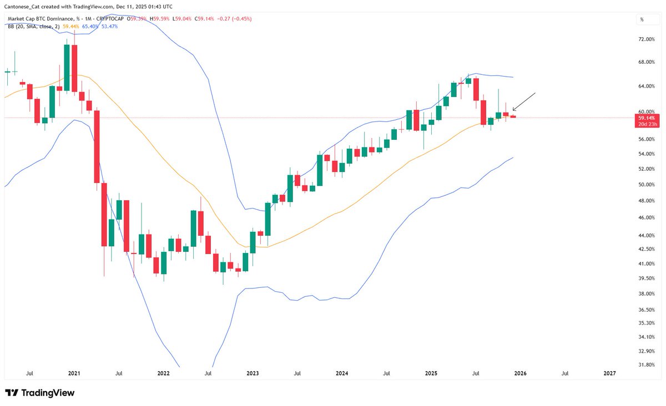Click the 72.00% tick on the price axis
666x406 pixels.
(x=647, y=39)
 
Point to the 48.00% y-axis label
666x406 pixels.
(x=647, y=201)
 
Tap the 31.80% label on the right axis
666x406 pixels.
(x=647, y=364)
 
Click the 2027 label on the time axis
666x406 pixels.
(x=609, y=374)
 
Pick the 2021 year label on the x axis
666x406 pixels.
(x=74, y=374)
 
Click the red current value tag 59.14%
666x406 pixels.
(x=647, y=118)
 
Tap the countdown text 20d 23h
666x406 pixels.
(x=647, y=124)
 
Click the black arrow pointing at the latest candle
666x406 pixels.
(x=524, y=101)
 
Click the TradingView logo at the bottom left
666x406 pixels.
(x=39, y=393)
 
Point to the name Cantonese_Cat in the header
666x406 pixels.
(x=24, y=6)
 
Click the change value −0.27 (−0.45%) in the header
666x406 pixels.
(x=233, y=19)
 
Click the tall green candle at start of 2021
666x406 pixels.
(x=67, y=67)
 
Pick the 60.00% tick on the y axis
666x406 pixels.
(x=647, y=111)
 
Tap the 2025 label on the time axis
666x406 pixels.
(x=431, y=374)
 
